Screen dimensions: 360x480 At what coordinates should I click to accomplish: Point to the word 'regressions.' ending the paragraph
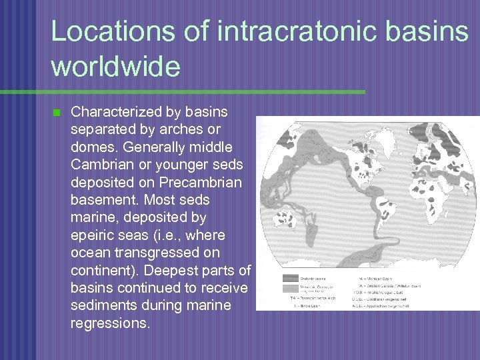coord(111,323)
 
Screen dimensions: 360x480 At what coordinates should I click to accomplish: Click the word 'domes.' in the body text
coord(92,147)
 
